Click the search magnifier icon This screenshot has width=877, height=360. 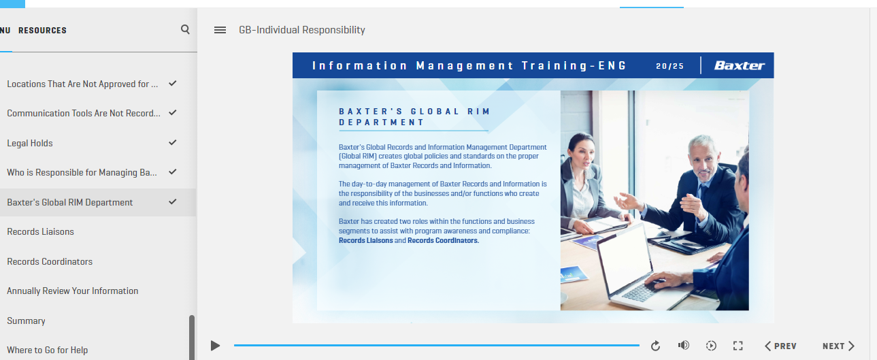pos(185,29)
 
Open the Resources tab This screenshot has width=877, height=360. pos(42,30)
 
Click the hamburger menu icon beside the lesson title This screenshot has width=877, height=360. pos(220,30)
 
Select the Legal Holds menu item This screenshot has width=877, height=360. pos(30,143)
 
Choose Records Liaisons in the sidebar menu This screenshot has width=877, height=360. pos(40,231)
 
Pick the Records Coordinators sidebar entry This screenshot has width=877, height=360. pos(50,261)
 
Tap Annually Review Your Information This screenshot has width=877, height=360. pos(72,291)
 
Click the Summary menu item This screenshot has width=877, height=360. pos(26,321)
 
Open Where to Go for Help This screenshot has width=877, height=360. pos(48,350)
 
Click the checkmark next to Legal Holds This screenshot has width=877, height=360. pos(172,142)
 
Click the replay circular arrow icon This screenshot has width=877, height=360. pos(655,346)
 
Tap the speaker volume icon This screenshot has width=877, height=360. pos(684,345)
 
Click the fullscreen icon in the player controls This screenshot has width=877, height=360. pos(738,346)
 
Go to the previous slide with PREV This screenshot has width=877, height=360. pos(780,346)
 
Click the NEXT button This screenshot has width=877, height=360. pos(838,346)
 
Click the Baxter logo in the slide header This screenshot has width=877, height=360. pos(739,65)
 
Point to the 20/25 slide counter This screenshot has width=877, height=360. pos(670,66)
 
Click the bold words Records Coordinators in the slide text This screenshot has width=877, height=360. pos(443,240)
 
